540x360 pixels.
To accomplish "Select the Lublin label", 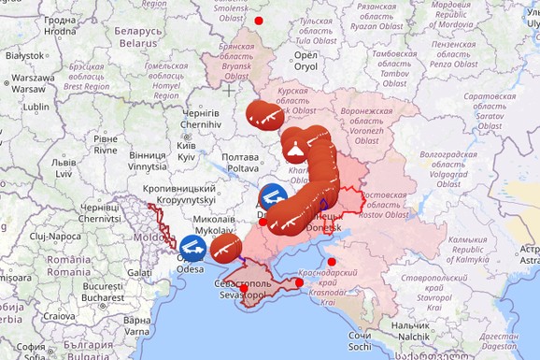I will (x=36, y=107).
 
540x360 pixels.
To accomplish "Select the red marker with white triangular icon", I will (x=293, y=147).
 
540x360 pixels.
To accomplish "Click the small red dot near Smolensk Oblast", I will (x=259, y=20).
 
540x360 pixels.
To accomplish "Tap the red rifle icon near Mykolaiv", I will (x=222, y=249).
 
